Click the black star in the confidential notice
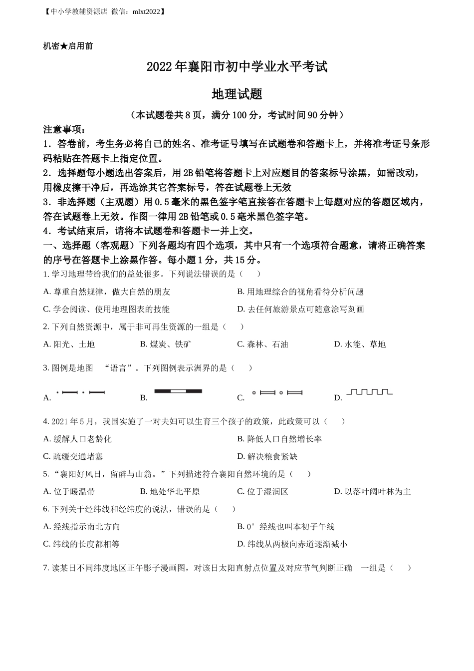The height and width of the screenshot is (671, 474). point(64,46)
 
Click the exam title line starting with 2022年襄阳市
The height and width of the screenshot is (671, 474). point(237,67)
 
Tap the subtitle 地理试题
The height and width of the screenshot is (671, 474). point(237,94)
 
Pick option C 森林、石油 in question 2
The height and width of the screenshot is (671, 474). point(262,344)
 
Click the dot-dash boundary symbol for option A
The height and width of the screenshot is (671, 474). point(80,392)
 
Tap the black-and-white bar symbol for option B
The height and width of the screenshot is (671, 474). point(178,391)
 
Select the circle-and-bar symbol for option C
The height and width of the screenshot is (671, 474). point(277,393)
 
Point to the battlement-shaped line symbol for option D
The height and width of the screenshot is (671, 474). point(369,392)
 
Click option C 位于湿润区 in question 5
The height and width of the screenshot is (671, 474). point(262,491)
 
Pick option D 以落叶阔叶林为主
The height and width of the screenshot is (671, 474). point(372,491)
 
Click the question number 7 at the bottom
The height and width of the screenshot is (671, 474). point(45,568)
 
